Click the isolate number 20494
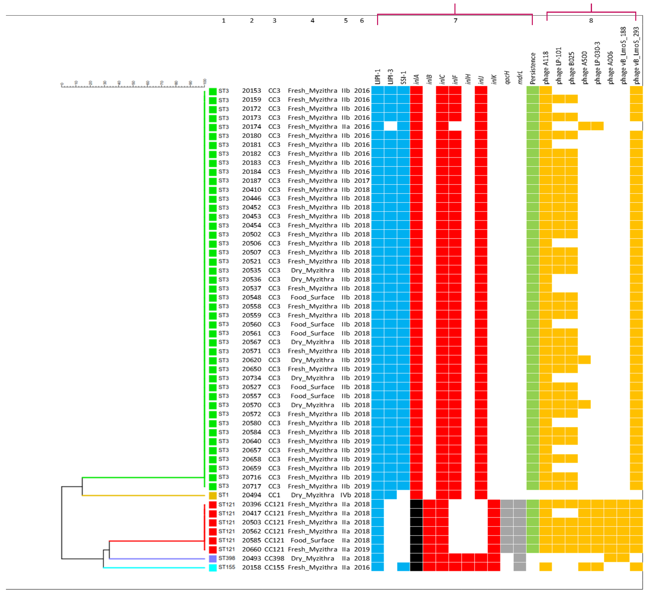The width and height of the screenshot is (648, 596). click(252, 495)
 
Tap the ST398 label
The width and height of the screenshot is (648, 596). click(227, 558)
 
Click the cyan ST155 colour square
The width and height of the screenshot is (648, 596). click(213, 568)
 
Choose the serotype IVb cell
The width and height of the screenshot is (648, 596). click(346, 495)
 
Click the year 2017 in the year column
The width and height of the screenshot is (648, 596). click(362, 181)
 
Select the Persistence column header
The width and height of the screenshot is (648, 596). click(533, 68)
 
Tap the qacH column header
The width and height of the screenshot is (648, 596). click(507, 77)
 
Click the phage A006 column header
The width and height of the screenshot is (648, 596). click(610, 68)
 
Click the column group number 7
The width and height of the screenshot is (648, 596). click(455, 21)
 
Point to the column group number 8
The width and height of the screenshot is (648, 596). click(591, 21)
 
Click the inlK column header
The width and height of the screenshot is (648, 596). click(494, 79)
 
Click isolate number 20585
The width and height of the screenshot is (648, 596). click(252, 540)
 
